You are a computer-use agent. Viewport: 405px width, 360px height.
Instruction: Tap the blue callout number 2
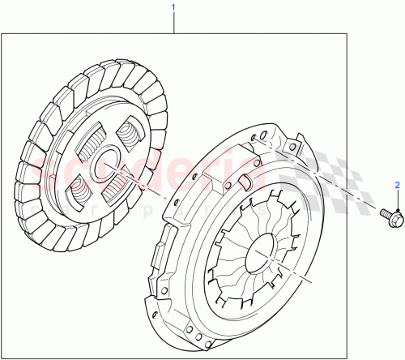(397, 186)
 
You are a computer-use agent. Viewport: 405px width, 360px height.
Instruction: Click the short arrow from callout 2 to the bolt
(397, 199)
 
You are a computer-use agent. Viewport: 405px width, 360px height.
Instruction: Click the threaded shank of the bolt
(383, 213)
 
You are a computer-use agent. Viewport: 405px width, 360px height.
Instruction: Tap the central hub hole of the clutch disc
(104, 165)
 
